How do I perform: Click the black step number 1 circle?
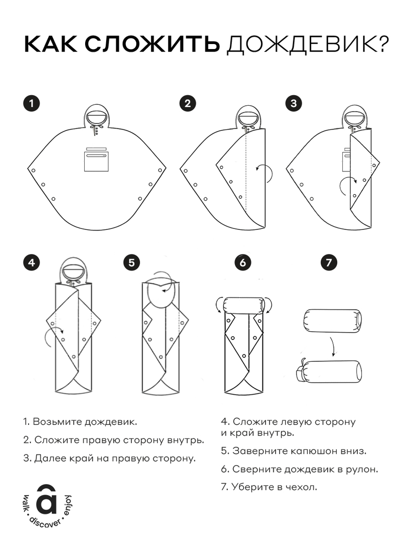tap(31, 103)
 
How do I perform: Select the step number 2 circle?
tap(187, 103)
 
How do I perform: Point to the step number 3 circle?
tap(293, 103)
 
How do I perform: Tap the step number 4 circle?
tap(31, 262)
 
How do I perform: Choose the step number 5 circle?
tap(132, 262)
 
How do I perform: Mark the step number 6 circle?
tap(243, 262)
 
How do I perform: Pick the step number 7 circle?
tap(329, 262)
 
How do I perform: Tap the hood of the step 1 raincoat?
tap(97, 115)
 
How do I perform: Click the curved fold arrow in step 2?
tap(265, 171)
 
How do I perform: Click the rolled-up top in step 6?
tap(244, 306)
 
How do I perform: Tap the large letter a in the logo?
tap(47, 501)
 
